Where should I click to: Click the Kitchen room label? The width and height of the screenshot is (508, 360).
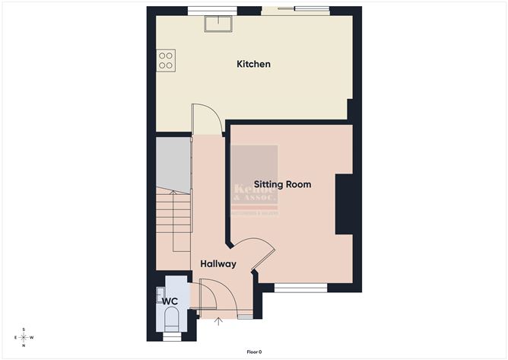253,64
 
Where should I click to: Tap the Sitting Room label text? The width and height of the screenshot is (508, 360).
282,184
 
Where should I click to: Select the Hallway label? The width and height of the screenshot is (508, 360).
217,264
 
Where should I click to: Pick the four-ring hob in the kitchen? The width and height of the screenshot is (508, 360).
166,60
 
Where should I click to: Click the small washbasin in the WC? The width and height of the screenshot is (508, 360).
160,292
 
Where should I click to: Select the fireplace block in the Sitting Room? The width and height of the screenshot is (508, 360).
344,204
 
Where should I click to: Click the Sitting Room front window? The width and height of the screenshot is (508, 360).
300,288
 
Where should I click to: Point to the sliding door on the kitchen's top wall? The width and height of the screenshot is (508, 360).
296,10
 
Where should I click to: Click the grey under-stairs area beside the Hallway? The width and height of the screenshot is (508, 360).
173,164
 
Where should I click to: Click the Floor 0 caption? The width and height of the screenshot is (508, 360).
254,352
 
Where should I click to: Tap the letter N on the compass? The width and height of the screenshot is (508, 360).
24,346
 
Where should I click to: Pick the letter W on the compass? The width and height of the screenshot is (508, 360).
33,337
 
